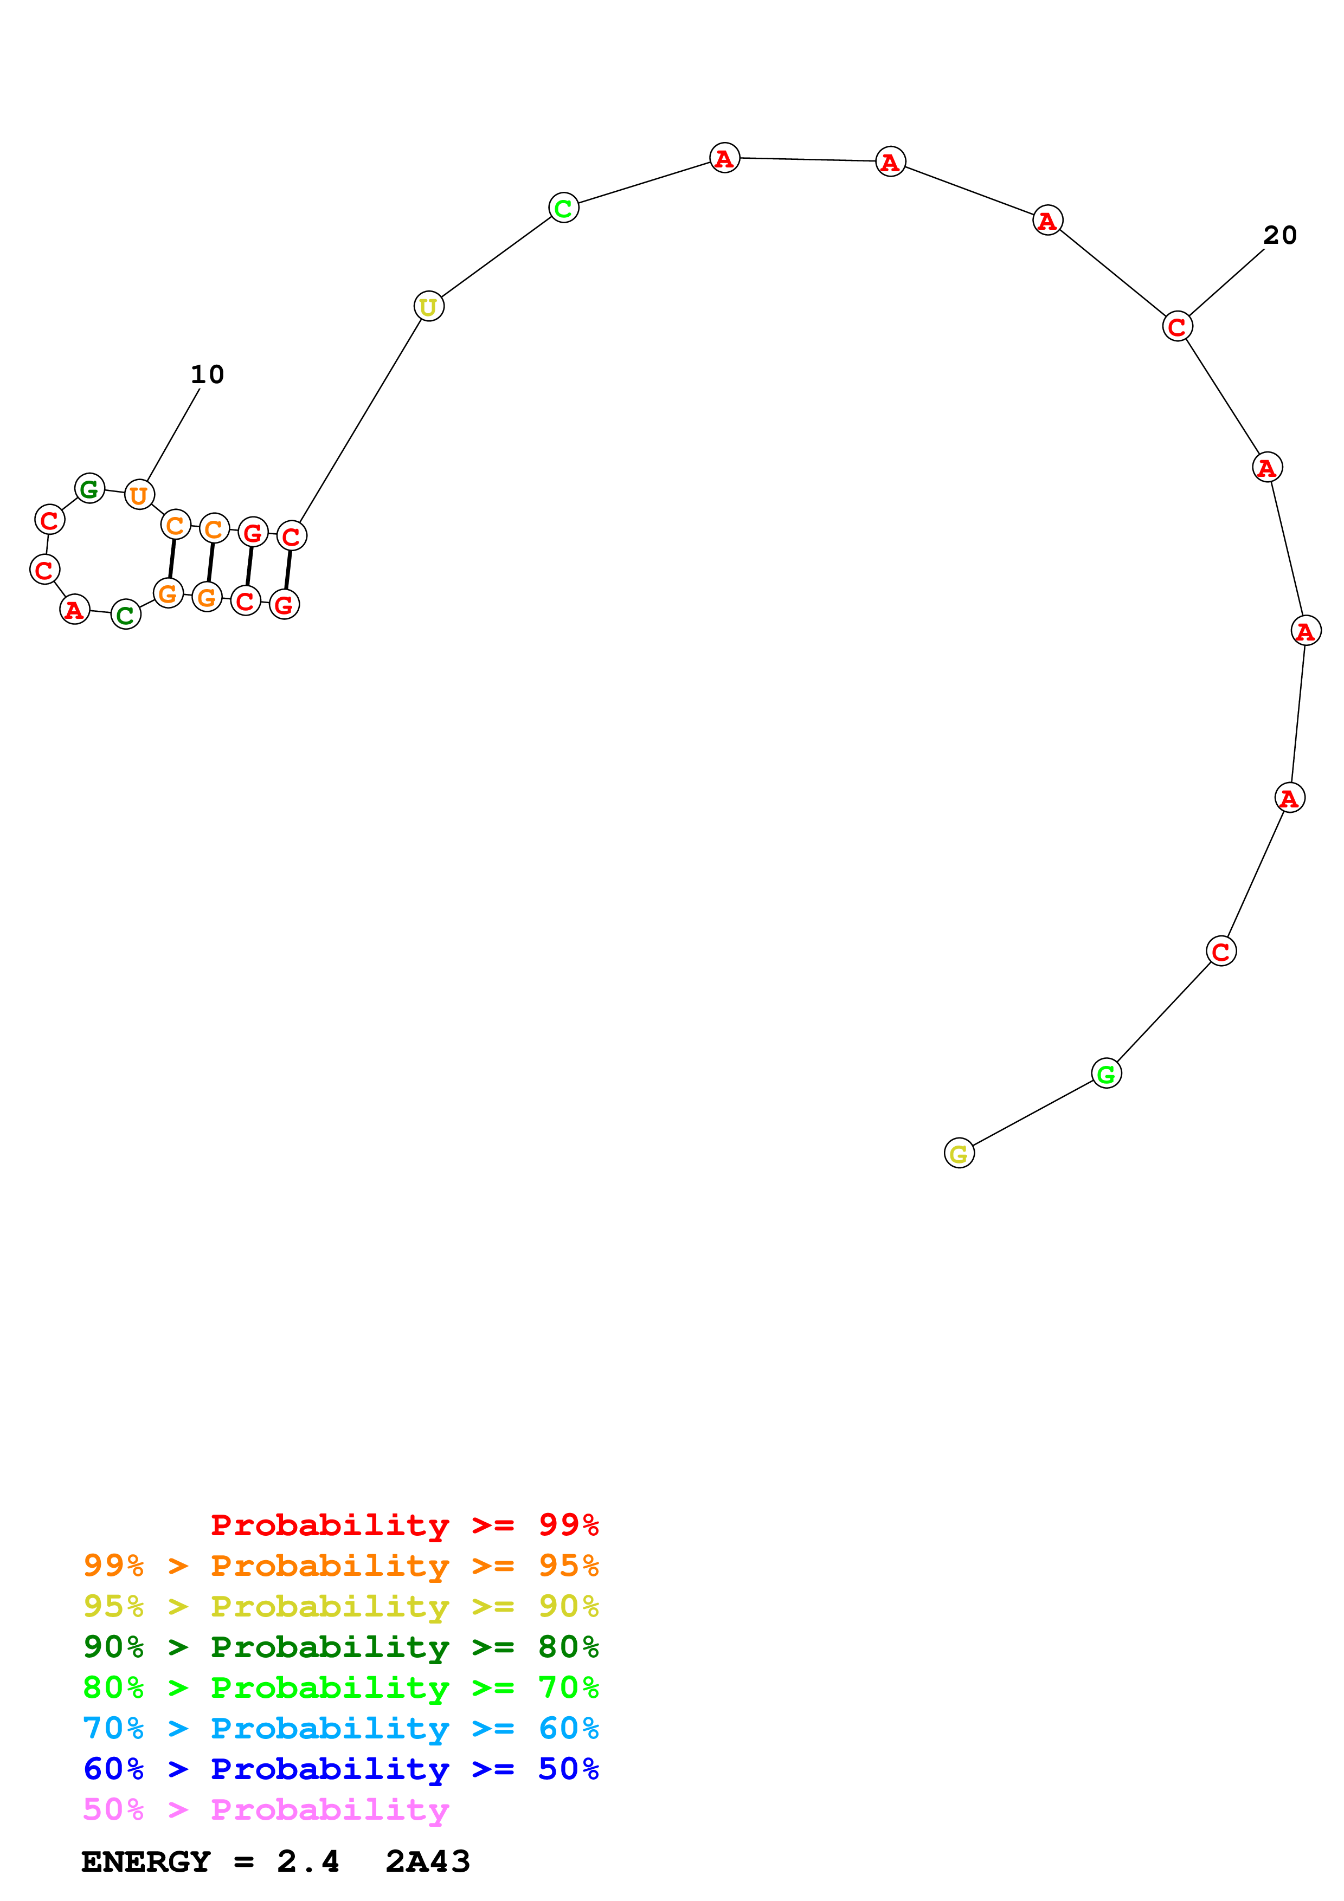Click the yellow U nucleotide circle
click(x=428, y=306)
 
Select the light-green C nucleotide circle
click(x=563, y=208)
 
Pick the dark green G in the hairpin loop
click(x=89, y=488)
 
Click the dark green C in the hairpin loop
click(x=125, y=615)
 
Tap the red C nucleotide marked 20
click(x=1176, y=326)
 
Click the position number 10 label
click(x=207, y=375)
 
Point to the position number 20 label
click(x=1279, y=236)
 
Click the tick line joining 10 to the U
click(x=173, y=435)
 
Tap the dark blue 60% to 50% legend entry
click(x=340, y=1769)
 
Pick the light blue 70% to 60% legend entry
click(x=340, y=1728)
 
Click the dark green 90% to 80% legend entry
click(x=340, y=1647)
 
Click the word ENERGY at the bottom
click(x=146, y=1861)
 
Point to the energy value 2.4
click(x=308, y=1861)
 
